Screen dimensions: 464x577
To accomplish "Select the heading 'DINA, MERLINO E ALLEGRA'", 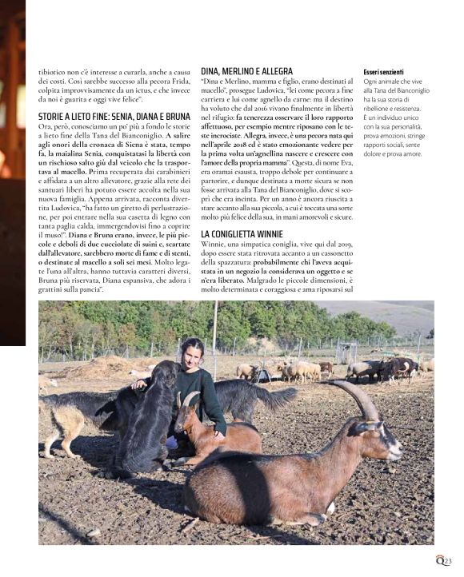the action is (247, 71).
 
